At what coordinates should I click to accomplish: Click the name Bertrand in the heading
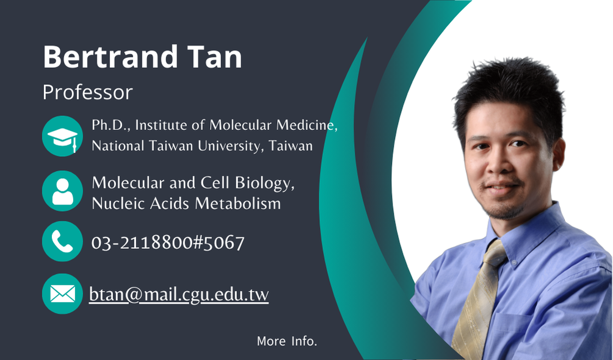111,57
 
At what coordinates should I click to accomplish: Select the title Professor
87,92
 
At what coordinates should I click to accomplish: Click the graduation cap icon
62,136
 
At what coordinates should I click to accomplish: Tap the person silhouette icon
62,191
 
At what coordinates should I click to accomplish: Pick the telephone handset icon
62,241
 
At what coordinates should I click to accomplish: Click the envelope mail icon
62,293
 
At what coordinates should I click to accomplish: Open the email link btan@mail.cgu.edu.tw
179,294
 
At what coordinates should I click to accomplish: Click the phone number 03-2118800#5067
168,242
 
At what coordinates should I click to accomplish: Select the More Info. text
287,341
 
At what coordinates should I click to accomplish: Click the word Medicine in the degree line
307,125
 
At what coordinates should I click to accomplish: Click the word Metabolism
238,203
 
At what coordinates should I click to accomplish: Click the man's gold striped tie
477,299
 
